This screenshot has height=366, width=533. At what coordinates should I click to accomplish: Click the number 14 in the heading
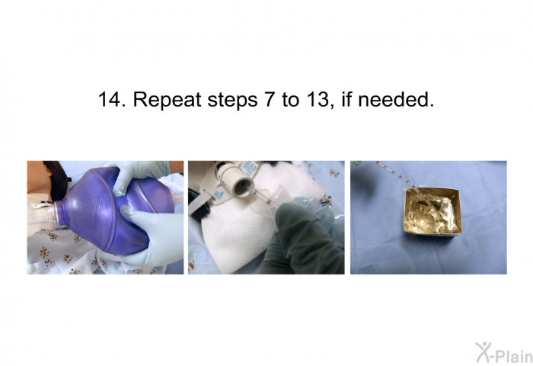pos(110,99)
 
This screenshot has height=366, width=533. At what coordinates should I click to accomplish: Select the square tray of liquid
pos(428,213)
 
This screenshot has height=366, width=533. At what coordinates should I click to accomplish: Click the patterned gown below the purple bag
pos(61,255)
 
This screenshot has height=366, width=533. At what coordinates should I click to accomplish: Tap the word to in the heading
pos(290,100)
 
